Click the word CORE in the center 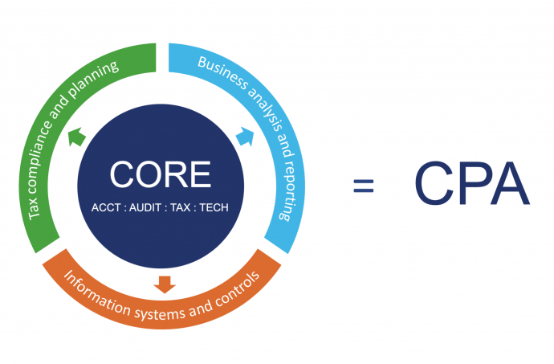(x=161, y=174)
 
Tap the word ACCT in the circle (x=106, y=207)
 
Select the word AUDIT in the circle (x=145, y=207)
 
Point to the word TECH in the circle (x=214, y=207)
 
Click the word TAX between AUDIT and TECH (x=181, y=207)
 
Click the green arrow (x=76, y=137)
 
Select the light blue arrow (x=245, y=137)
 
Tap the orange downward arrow (x=165, y=284)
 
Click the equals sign (x=364, y=186)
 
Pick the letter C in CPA (x=434, y=183)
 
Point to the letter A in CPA (x=510, y=183)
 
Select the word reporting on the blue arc (x=289, y=190)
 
